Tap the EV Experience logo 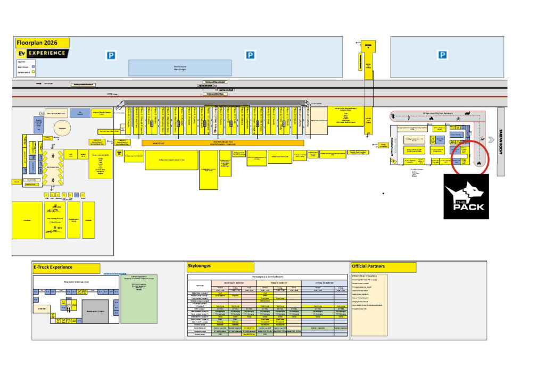(x=43, y=54)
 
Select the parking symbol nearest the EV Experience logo (x=111, y=55)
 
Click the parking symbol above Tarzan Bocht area (x=442, y=55)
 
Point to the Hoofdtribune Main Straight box (x=180, y=68)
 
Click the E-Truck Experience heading (x=59, y=267)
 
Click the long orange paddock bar (x=223, y=143)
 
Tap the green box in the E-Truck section (x=140, y=298)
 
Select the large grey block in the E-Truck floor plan (x=97, y=311)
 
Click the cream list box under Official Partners (x=369, y=305)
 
